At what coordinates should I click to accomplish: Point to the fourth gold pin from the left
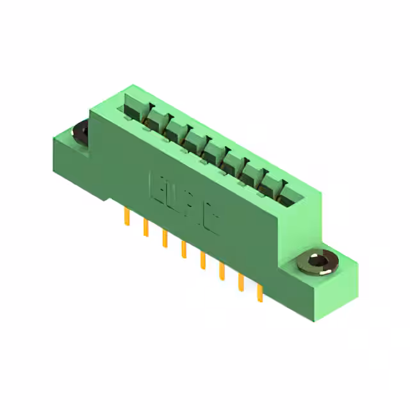[184, 249]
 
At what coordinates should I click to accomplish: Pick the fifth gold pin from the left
[203, 260]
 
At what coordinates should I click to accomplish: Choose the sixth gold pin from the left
[222, 270]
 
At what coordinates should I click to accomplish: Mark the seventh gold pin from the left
[241, 281]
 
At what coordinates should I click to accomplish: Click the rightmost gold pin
[259, 293]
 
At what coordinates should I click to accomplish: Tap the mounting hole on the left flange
[81, 133]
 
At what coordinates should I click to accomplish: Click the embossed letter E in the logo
[156, 184]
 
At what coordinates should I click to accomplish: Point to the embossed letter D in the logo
[173, 197]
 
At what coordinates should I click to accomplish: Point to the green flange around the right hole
[333, 282]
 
